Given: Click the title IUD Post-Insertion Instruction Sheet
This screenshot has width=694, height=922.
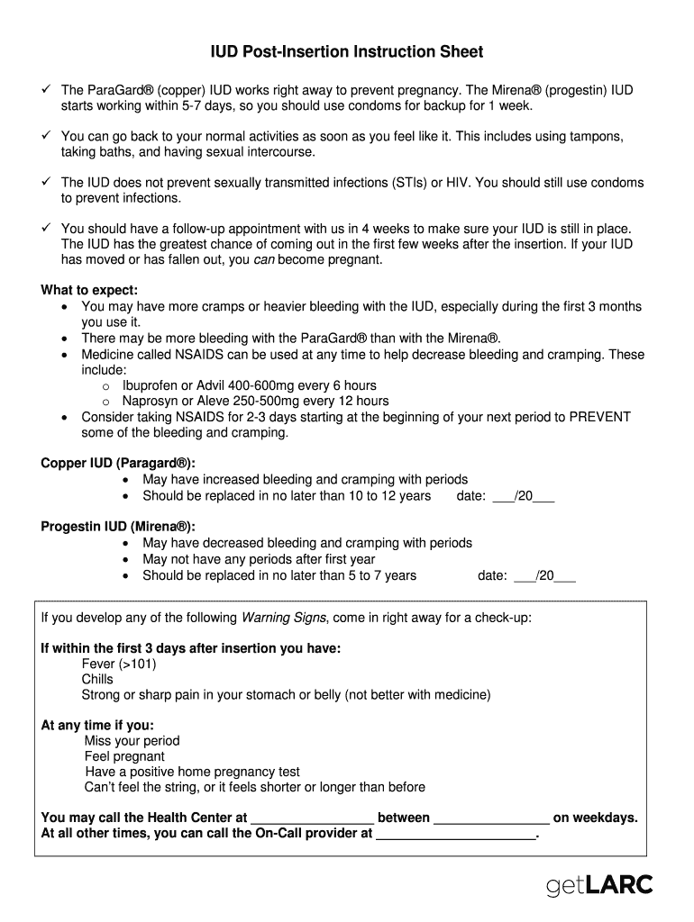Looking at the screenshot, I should (x=347, y=52).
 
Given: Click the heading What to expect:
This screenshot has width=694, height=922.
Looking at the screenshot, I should (x=89, y=290).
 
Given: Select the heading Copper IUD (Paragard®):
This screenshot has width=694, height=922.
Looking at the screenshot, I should (x=117, y=463).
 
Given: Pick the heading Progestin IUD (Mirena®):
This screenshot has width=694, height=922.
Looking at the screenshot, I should (x=117, y=527).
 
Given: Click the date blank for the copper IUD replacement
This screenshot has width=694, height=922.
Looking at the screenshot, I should (x=524, y=496).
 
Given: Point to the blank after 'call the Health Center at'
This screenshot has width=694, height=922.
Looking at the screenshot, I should (x=312, y=818).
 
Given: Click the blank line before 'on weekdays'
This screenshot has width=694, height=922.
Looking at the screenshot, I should (x=491, y=818).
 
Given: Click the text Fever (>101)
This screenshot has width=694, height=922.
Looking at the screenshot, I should (x=119, y=664).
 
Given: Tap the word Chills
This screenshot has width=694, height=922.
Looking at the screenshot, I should (x=97, y=680).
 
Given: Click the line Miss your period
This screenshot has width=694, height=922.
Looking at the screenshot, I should (x=132, y=741).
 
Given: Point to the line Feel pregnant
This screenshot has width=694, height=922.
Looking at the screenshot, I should (x=125, y=756).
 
